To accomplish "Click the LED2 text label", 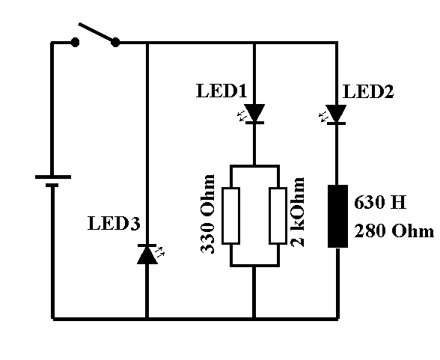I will coord(367,92).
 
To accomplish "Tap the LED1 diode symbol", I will coord(255,113).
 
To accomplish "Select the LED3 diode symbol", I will coord(147,256).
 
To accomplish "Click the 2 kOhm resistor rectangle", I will coord(279,216).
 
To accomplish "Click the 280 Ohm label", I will coord(393,231).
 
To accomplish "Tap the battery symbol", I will coord(52,182).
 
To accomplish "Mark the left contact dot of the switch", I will coord(75,43).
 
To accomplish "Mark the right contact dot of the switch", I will coord(115,43).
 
